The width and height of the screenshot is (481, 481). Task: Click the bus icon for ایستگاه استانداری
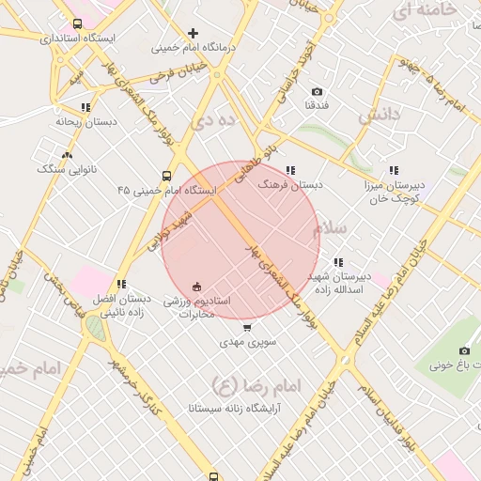(x=76, y=25)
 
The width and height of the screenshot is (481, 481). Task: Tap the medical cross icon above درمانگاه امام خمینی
(x=194, y=33)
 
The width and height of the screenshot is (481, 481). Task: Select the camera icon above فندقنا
(x=317, y=91)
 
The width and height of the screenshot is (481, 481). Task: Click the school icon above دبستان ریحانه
(x=86, y=108)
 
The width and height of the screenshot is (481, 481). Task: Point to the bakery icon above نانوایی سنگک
(x=67, y=155)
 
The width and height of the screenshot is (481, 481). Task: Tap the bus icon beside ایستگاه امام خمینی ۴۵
(x=166, y=176)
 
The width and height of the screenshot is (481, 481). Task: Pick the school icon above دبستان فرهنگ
(x=289, y=171)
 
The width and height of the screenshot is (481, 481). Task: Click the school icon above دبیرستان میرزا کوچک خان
(x=393, y=170)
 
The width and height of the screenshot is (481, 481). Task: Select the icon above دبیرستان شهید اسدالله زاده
(x=338, y=262)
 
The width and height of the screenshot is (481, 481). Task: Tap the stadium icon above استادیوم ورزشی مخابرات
(x=196, y=286)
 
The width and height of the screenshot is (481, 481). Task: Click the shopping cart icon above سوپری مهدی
(x=247, y=328)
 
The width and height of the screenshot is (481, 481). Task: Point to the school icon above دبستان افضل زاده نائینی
(x=121, y=284)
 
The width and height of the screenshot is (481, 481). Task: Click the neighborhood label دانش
(x=380, y=115)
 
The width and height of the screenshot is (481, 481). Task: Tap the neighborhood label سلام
(x=332, y=228)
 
